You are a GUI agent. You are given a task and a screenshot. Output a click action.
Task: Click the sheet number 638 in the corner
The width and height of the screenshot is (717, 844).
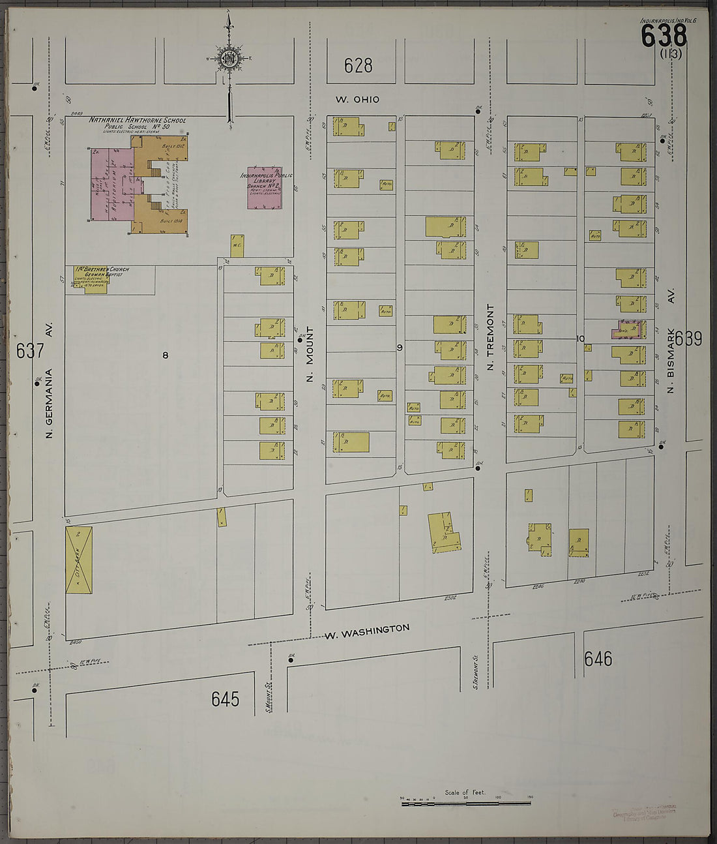pos(664,35)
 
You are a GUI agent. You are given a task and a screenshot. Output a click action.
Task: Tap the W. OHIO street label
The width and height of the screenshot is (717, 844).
pos(357,100)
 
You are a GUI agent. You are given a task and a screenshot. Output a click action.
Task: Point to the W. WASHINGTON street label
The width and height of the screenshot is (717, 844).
pos(367,631)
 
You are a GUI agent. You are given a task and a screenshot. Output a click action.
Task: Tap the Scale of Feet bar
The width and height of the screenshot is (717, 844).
pos(467,803)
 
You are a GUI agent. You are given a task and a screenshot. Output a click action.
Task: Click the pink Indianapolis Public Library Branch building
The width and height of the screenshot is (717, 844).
pos(265,188)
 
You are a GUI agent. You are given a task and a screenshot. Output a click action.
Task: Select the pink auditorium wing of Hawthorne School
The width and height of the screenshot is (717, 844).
pos(112,185)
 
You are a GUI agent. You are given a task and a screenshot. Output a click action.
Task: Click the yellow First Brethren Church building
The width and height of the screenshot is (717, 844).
pos(95,284)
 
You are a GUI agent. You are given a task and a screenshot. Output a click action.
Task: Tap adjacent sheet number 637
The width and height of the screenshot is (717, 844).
pos(30,350)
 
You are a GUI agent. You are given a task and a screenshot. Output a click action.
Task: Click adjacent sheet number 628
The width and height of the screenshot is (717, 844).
pos(358,65)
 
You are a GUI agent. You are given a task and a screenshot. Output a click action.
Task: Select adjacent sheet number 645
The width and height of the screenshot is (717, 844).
pos(226,699)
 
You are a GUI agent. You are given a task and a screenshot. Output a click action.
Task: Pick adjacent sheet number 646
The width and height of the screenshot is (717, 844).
pos(598,659)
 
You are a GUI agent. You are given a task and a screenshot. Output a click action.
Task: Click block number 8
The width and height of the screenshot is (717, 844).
pos(166,355)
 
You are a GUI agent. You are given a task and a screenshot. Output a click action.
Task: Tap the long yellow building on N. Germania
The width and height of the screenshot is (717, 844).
pos(79,560)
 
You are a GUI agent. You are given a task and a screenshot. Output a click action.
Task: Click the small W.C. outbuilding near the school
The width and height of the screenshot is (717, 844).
pos(237,245)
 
